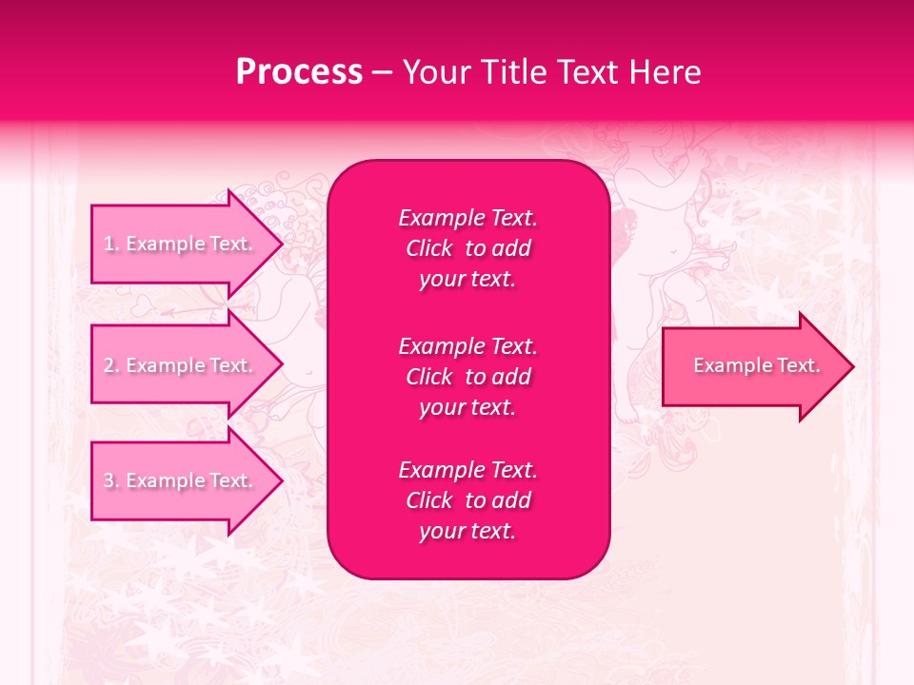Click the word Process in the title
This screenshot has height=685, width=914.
299,72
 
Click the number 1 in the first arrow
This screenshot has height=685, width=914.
109,245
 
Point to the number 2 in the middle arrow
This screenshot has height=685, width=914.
109,366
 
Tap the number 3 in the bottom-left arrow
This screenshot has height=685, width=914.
109,481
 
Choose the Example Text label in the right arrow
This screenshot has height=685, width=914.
756,366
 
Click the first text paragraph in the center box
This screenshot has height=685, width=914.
467,248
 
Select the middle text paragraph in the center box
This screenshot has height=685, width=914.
467,377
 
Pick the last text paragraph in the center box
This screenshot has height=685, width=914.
467,500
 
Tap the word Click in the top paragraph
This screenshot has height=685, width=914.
428,249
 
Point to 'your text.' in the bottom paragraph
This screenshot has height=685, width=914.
467,532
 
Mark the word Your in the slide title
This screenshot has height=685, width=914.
436,72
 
